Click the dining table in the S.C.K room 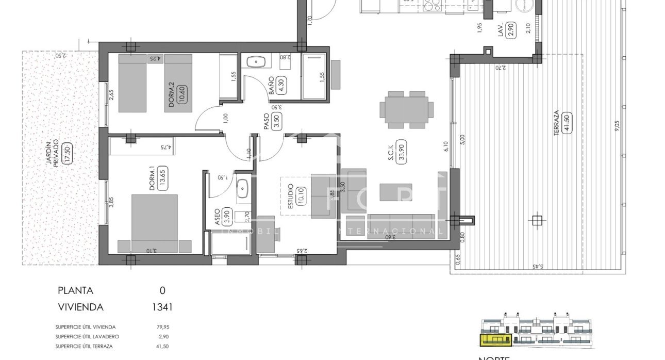(x=407, y=110)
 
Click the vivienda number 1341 (x=162, y=307)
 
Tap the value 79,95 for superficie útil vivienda (x=162, y=327)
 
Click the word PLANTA (x=75, y=290)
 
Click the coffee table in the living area (x=396, y=192)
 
